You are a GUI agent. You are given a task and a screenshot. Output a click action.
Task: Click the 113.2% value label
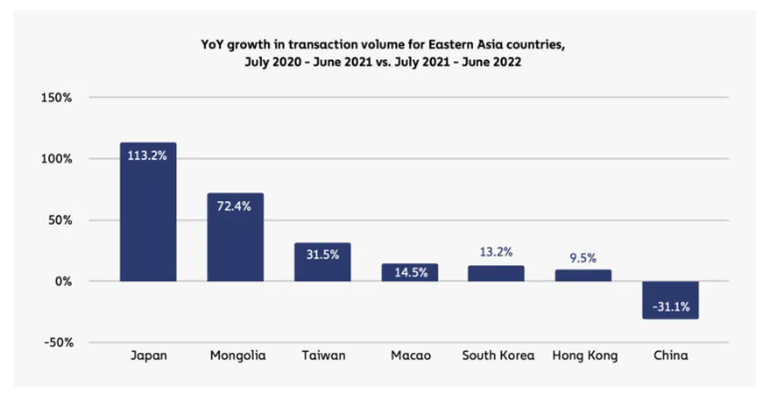pos(148,155)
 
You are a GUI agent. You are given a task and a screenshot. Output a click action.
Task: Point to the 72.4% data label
pos(235,205)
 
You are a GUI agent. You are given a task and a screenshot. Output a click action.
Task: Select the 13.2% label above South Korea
pos(496,252)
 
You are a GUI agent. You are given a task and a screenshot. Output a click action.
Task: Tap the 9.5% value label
pos(583,257)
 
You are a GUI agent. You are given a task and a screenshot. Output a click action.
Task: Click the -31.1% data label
pos(670,306)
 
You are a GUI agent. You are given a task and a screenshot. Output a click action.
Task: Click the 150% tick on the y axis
pos(57,97)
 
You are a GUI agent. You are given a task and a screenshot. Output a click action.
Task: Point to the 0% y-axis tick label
pos(63,281)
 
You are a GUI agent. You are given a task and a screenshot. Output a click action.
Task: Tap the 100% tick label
pos(57,158)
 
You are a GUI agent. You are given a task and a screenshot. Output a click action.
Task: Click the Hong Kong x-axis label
pos(583,356)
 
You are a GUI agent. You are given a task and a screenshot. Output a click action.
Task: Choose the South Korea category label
pos(496,356)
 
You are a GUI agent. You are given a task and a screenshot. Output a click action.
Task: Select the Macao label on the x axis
pos(409,356)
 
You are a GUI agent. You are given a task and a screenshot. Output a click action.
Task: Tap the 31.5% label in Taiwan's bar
pos(322,254)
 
